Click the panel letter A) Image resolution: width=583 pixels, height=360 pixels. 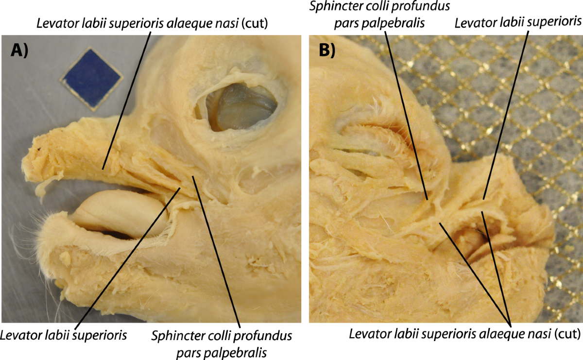pos(21,51)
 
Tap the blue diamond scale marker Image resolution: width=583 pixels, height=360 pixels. pos(91,79)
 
